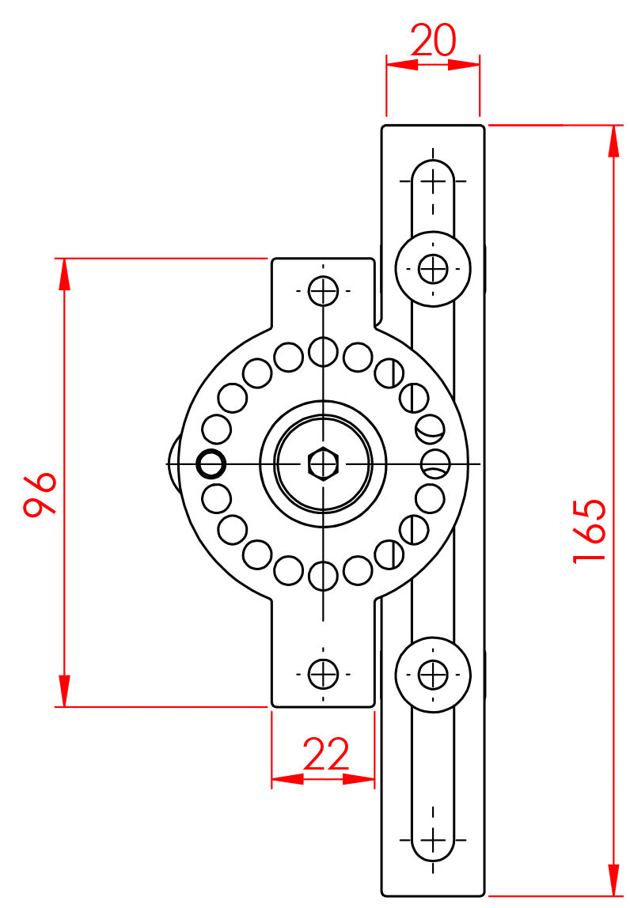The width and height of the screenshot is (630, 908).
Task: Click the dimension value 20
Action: [434, 40]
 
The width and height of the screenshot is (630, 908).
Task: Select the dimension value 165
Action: [590, 531]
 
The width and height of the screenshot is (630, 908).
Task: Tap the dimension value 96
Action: [40, 494]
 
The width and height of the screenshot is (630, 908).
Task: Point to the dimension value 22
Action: [326, 754]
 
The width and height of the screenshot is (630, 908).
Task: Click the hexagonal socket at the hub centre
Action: [323, 463]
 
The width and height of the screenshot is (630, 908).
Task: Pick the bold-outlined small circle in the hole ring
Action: [211, 463]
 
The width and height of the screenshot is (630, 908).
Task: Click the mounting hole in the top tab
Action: [323, 291]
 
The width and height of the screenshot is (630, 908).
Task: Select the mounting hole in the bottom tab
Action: [323, 674]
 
